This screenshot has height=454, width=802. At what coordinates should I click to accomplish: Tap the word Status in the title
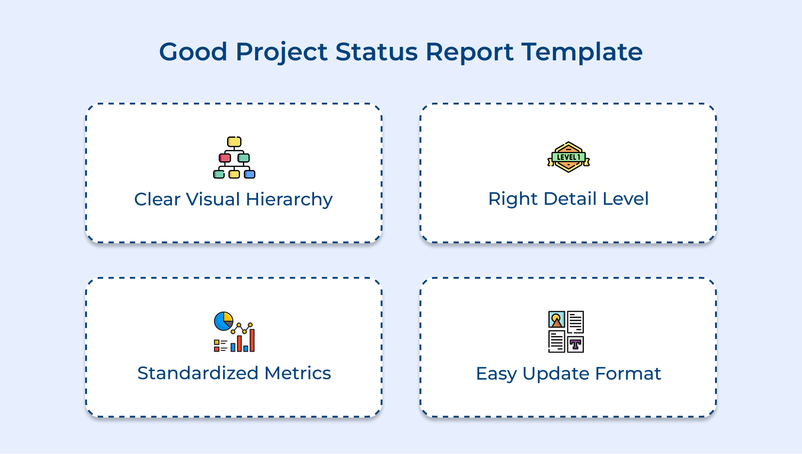click(377, 52)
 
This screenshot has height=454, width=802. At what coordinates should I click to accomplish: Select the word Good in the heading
click(193, 52)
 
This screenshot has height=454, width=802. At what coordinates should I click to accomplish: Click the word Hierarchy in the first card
click(289, 200)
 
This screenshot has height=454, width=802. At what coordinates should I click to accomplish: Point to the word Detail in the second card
click(569, 199)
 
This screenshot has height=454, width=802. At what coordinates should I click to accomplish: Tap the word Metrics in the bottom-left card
click(298, 373)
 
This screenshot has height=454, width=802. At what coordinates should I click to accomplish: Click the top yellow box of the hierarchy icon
click(234, 142)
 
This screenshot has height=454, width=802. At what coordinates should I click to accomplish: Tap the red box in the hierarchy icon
click(225, 158)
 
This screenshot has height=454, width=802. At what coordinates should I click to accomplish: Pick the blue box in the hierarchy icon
click(250, 174)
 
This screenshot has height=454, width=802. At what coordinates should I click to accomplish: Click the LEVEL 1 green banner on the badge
click(569, 157)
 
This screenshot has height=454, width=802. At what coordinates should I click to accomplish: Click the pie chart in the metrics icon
click(223, 321)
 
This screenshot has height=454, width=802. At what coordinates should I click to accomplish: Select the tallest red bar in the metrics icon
click(252, 340)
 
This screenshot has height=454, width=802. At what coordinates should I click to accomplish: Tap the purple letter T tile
click(575, 345)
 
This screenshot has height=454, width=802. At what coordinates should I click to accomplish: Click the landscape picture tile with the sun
click(556, 319)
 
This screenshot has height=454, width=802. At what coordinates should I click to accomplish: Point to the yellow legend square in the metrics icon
click(217, 342)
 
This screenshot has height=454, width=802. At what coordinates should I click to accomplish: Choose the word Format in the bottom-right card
click(628, 373)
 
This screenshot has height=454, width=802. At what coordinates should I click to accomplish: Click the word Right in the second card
click(513, 199)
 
